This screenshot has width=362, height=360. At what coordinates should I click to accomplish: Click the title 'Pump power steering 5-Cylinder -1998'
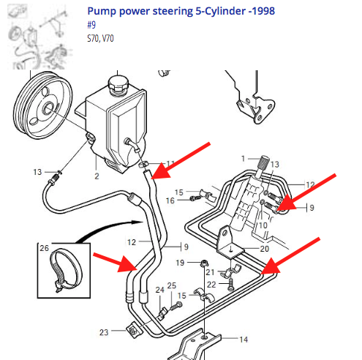[176, 12]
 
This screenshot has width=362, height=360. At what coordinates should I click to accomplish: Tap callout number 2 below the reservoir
[96, 176]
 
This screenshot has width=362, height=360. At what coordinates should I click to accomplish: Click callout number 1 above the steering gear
[244, 158]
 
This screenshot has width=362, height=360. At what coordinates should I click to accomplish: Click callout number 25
[172, 285]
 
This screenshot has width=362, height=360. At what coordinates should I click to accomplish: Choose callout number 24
[159, 290]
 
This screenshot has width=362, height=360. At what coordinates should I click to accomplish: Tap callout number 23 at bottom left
[104, 332]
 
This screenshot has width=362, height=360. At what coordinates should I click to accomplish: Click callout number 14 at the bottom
[244, 339]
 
